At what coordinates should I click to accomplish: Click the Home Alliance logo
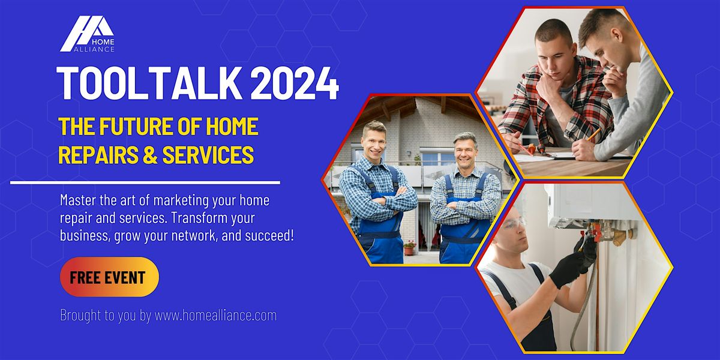tap(87, 34)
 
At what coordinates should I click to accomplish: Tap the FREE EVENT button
tap(109, 277)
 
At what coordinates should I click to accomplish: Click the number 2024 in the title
tap(295, 83)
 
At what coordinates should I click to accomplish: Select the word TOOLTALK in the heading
tap(149, 83)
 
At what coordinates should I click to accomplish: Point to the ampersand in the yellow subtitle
tap(149, 155)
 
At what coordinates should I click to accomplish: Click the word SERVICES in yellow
tap(208, 155)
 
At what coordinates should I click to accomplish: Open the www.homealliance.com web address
tap(215, 315)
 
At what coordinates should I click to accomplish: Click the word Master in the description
tap(78, 200)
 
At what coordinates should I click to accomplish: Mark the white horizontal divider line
tap(145, 183)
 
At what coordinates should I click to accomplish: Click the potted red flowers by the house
tap(409, 247)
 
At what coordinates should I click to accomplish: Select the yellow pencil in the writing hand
tap(593, 134)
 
